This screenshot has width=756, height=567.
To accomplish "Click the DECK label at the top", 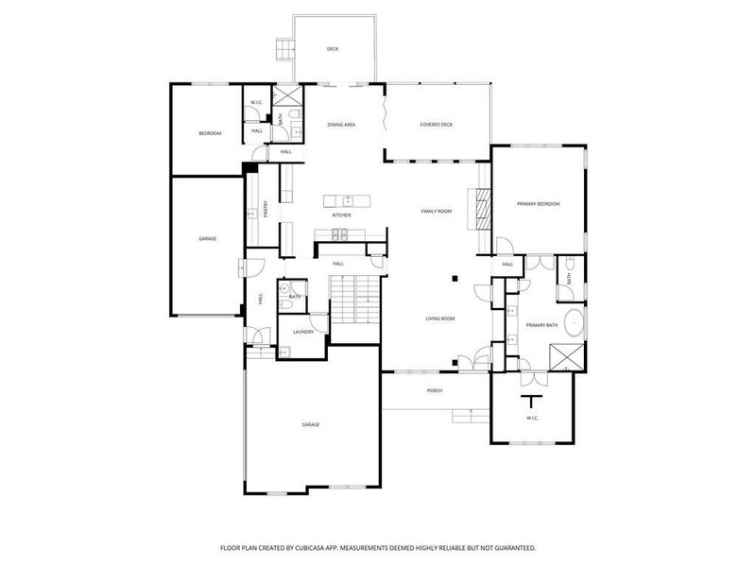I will pos(333,49).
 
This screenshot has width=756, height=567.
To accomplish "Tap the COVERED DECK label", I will pos(436,125).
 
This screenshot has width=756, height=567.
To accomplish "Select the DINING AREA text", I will pos(341,125).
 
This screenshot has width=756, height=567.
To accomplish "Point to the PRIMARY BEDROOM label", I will pos(538,204).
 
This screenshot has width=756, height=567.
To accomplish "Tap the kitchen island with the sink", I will pos(346,199).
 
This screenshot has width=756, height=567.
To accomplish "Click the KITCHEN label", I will pos(341,215).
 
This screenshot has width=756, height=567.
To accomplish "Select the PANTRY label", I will pos(266,208).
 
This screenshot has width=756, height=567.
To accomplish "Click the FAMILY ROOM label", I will pos(436,212).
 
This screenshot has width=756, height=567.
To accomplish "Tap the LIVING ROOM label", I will pos(439,319).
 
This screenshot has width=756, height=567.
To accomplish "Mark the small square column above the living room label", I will pos(455,278).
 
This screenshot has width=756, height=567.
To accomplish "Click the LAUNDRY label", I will pos(302,332).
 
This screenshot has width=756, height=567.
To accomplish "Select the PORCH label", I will pos(435,390).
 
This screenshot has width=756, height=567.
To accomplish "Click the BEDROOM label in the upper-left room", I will pos(209,133).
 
